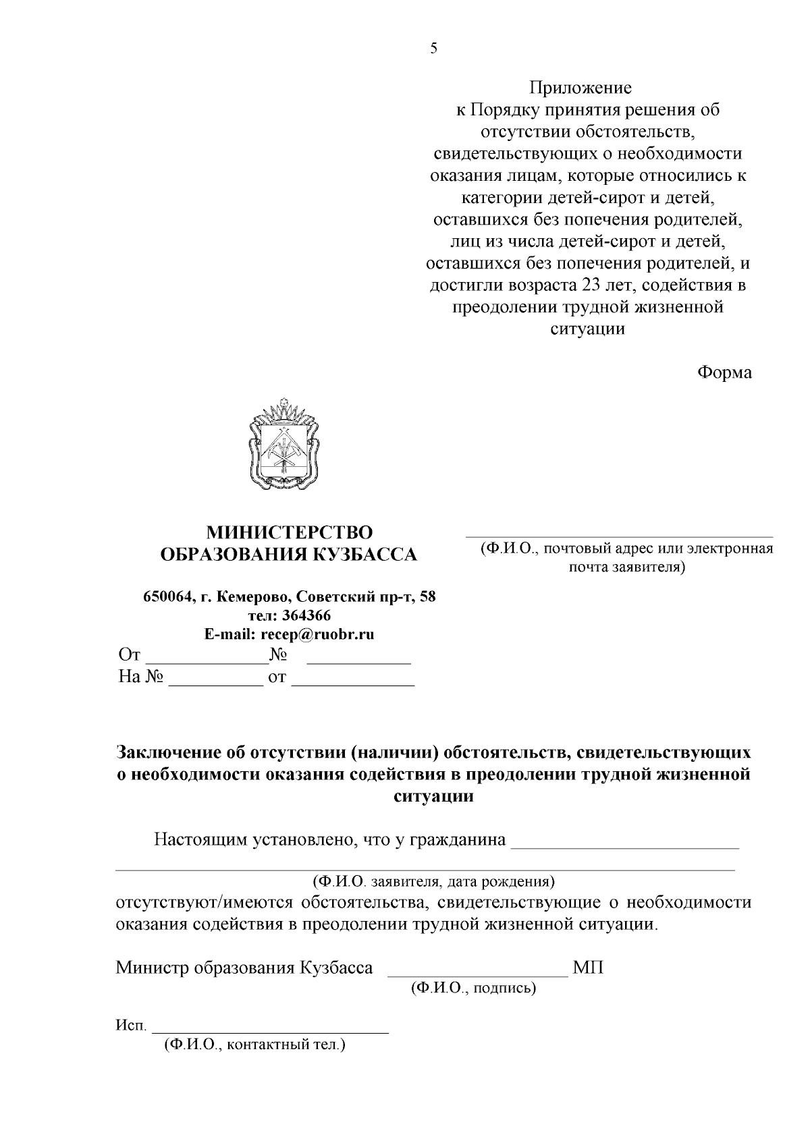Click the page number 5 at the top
coord(434,48)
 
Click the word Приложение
coord(580,88)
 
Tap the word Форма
coord(724,372)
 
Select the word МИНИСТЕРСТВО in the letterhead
coord(289,532)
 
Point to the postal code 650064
coord(166,597)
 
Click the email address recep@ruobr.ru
coord(317,634)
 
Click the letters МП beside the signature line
coord(588,968)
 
